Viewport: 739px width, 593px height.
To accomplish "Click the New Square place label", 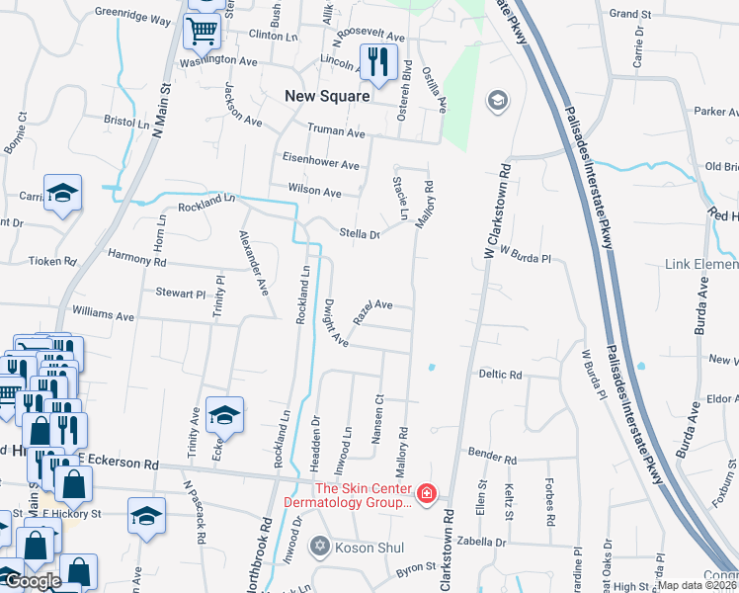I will tap(326, 96).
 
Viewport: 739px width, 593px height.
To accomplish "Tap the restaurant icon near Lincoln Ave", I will tap(377, 62).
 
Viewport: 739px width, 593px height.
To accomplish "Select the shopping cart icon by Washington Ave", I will tap(203, 32).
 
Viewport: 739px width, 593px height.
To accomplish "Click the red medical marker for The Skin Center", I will tap(427, 492).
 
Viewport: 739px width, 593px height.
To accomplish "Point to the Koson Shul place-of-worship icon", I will tap(319, 545).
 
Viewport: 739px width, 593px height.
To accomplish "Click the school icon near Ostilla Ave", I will tap(496, 101).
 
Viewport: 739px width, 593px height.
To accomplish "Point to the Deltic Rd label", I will tap(500, 376).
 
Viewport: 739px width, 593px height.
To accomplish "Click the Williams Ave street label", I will tap(103, 316).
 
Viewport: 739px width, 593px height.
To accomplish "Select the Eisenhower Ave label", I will tap(321, 165).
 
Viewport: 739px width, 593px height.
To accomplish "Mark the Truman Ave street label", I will tap(336, 131).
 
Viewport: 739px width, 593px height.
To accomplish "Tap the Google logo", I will tap(32, 581).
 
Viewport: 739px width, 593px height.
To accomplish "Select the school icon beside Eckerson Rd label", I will tap(224, 416).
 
